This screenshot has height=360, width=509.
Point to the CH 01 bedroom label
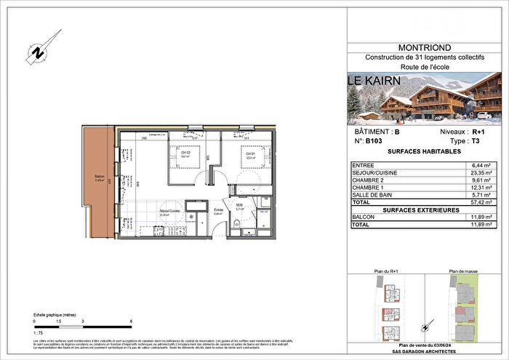[x=249, y=154]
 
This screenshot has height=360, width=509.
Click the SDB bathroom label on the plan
[x=239, y=205]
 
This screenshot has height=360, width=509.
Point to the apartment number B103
[x=372, y=143]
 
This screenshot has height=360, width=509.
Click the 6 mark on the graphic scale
[x=130, y=321]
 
